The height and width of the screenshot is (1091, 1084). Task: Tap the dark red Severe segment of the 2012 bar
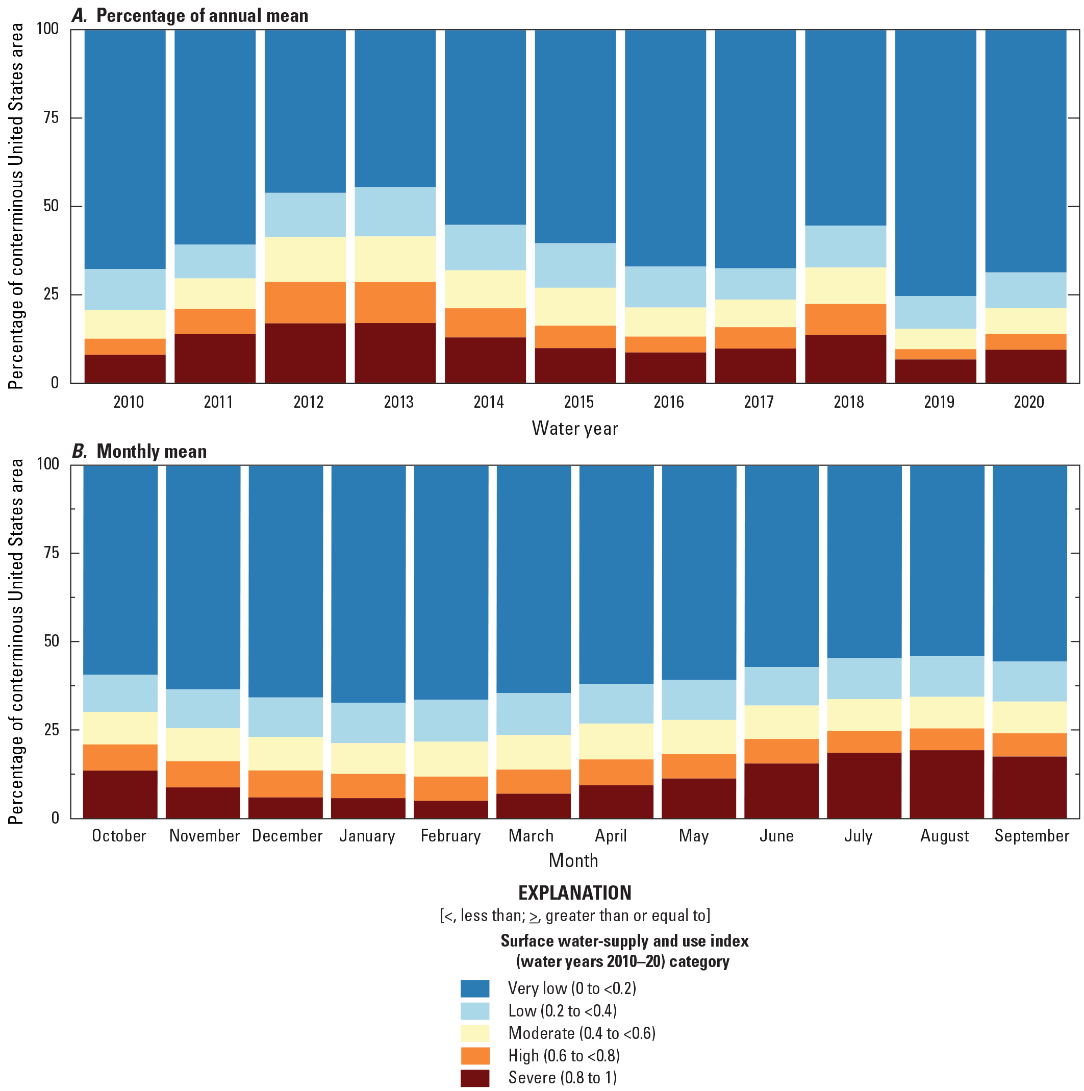305,353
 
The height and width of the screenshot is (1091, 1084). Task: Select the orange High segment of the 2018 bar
845,319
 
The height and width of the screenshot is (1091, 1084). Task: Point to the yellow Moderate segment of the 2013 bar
395,259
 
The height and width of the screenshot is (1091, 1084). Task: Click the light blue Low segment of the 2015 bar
575,265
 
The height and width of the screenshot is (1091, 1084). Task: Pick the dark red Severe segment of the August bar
946,784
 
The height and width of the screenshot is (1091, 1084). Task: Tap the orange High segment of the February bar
450,788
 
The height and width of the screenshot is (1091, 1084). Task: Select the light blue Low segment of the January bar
368,723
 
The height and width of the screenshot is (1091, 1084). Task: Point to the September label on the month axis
1031,836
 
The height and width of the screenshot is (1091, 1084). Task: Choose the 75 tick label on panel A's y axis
51,117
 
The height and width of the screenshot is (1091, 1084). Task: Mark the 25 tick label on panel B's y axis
51,730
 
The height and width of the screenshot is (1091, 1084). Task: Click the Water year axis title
575,429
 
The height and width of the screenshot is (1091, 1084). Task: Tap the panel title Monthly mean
152,451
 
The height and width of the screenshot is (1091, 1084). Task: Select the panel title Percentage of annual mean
202,16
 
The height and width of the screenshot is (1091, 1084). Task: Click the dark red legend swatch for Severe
475,1077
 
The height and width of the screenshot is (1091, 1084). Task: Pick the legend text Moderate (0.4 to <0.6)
582,1033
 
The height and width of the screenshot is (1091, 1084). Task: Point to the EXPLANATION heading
575,893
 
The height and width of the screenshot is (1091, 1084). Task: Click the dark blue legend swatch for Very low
475,988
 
